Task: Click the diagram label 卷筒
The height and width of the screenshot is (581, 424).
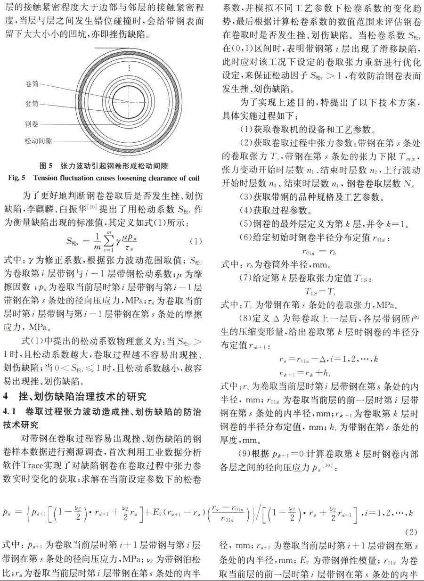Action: [x=32, y=83]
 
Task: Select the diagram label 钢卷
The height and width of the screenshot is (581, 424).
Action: [x=32, y=123]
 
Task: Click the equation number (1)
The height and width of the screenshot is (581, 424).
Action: [x=196, y=241]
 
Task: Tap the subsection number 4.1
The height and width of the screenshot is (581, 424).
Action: [x=10, y=412]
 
